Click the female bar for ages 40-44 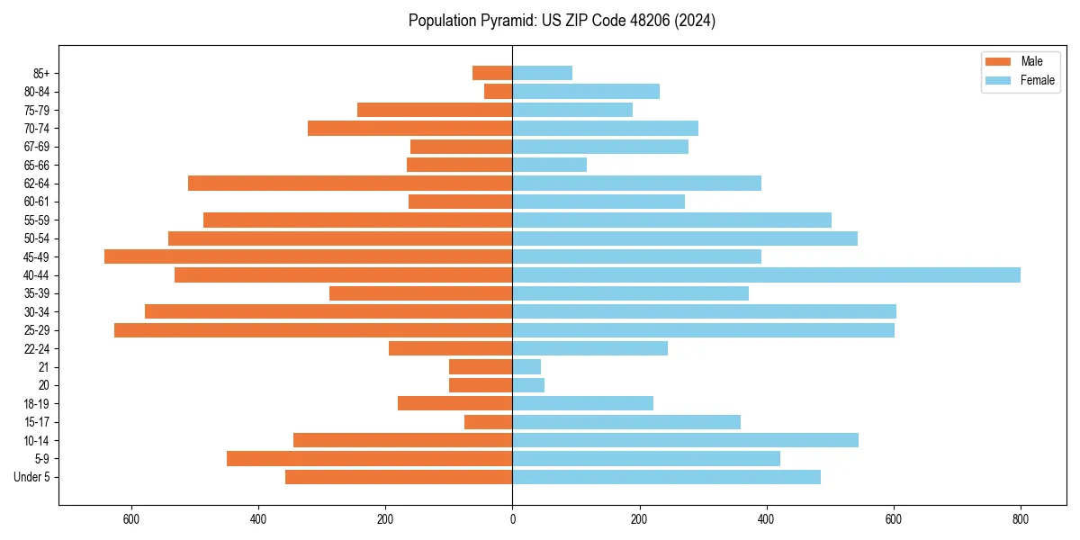tap(766, 275)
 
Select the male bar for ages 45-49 tap(308, 256)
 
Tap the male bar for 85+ tap(492, 73)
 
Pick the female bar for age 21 tap(526, 367)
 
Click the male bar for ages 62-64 tap(350, 184)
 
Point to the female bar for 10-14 tap(685, 440)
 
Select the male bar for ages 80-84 tap(499, 92)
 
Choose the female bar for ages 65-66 tap(549, 165)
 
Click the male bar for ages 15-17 tap(489, 422)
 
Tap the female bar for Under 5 tap(666, 477)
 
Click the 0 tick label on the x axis tap(512, 519)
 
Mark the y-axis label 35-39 tap(36, 293)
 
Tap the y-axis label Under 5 tap(32, 477)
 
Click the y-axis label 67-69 tap(36, 147)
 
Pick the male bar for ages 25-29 tap(313, 330)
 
